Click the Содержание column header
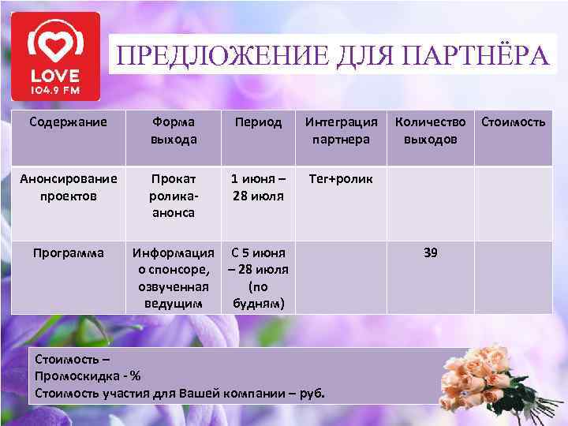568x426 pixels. (x=67, y=122)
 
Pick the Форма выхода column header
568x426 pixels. (x=174, y=130)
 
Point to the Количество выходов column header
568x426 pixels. (x=431, y=130)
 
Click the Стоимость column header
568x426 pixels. (x=513, y=122)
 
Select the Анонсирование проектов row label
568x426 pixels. (x=67, y=187)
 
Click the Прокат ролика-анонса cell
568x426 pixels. (x=174, y=195)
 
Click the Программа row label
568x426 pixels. (x=67, y=253)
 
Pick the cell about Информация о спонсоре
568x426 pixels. (x=174, y=278)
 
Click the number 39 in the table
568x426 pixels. (x=431, y=253)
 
